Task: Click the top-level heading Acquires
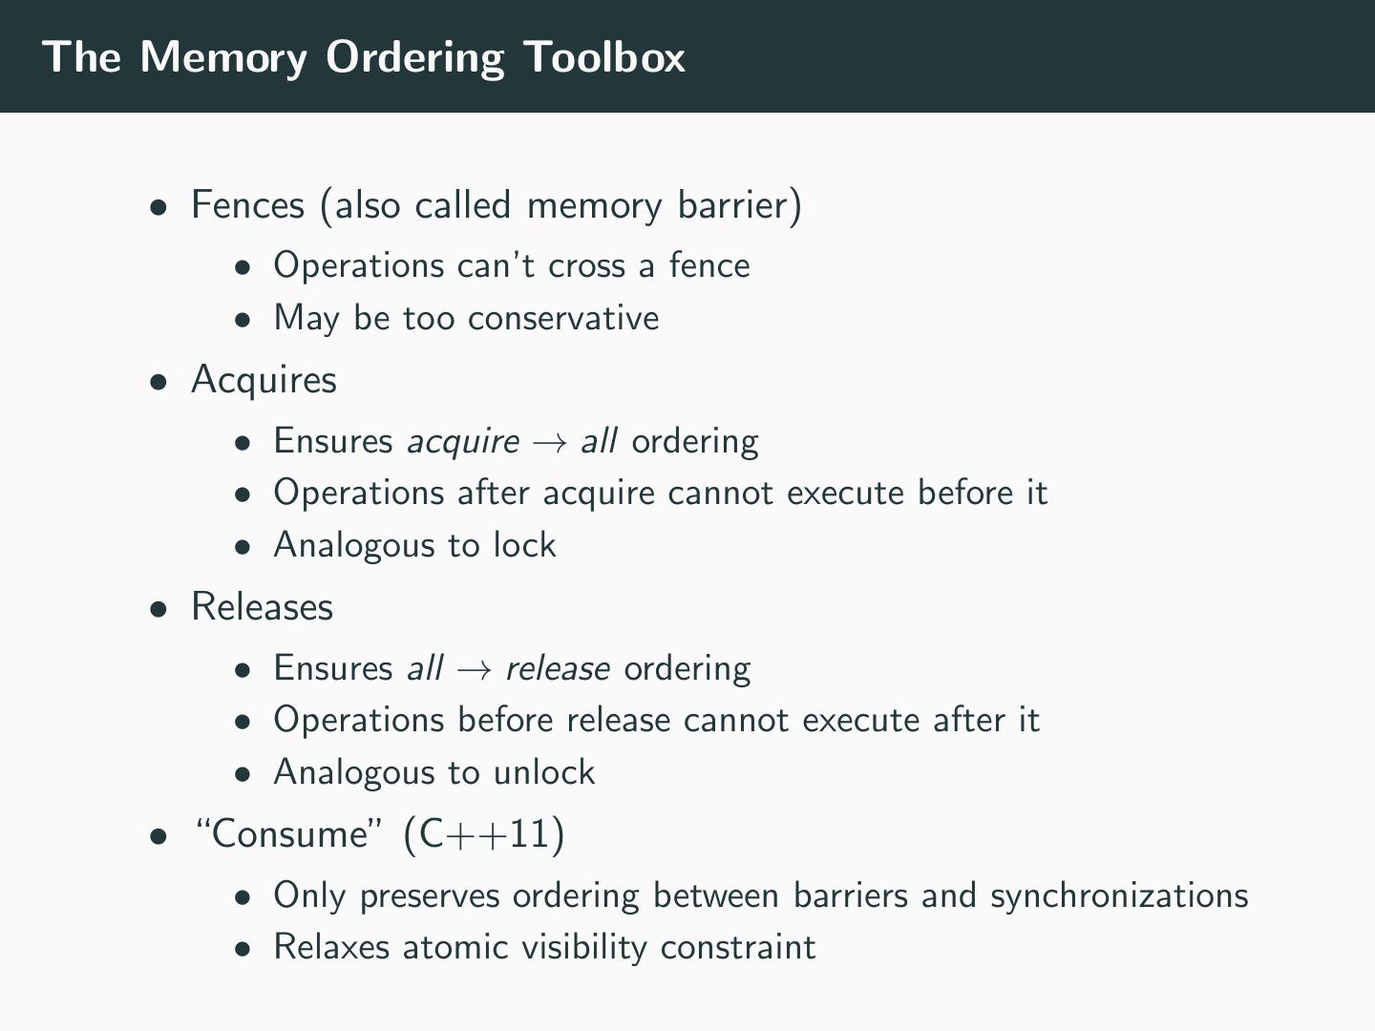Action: coord(264,380)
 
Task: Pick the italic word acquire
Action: coord(463,442)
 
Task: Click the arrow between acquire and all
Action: coord(551,442)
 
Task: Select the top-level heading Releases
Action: coord(262,607)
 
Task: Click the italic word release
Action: coord(558,668)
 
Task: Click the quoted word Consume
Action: coord(290,834)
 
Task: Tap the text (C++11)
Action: coord(484,834)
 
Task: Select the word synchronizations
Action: coord(1119,895)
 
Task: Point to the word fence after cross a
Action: coord(709,265)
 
